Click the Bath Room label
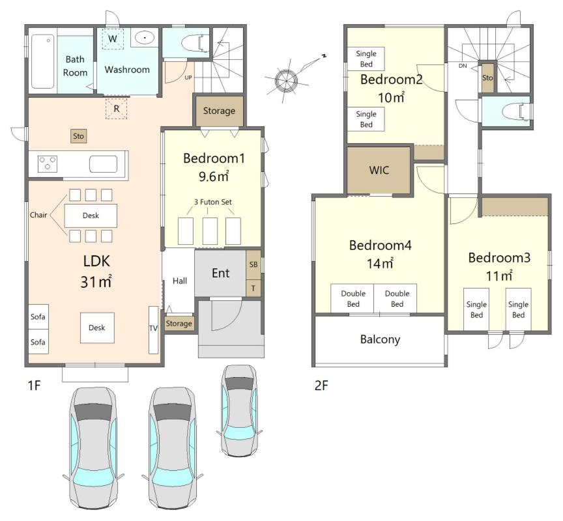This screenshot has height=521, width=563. (75, 66)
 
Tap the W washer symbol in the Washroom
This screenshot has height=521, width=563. (112, 39)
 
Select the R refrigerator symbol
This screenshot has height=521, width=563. (117, 108)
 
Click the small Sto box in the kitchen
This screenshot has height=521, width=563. (78, 136)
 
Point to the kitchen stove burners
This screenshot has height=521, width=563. (48, 163)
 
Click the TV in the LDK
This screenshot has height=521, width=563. (153, 330)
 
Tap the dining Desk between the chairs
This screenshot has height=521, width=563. (91, 216)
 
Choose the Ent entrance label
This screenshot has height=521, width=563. (220, 273)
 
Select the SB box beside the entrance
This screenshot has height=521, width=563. (253, 265)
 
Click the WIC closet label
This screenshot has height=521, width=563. (379, 170)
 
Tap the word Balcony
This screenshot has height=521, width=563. (381, 339)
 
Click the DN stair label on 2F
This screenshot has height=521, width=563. (463, 66)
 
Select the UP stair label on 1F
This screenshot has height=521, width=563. (188, 77)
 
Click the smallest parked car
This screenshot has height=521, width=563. (240, 410)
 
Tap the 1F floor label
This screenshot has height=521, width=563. (34, 386)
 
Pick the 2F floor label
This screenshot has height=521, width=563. (321, 386)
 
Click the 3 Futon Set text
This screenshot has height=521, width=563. (213, 202)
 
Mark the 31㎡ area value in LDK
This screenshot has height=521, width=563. (96, 282)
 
